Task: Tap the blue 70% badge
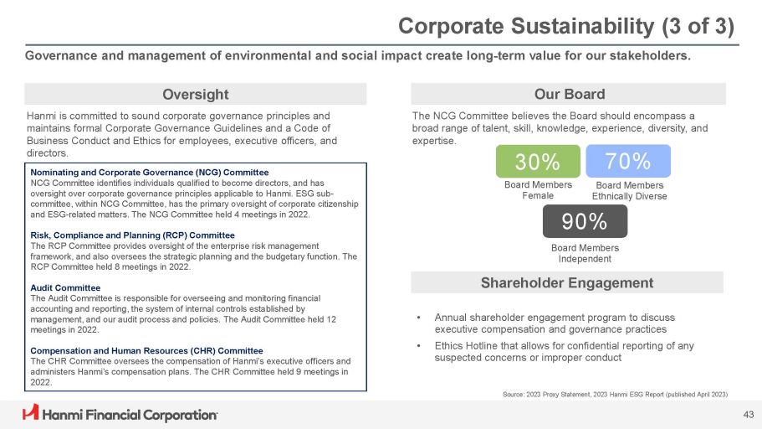pyautogui.click(x=628, y=161)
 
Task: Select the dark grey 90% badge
pyautogui.click(x=585, y=221)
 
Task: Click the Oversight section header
pyautogui.click(x=194, y=94)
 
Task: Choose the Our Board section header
pyautogui.click(x=569, y=94)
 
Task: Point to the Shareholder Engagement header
pyautogui.click(x=567, y=283)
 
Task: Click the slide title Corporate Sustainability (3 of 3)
pyautogui.click(x=566, y=26)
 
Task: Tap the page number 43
pyautogui.click(x=748, y=414)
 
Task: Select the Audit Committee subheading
pyautogui.click(x=66, y=287)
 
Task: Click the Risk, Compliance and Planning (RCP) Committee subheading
pyautogui.click(x=132, y=235)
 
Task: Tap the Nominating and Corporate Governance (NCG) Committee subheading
pyautogui.click(x=137, y=172)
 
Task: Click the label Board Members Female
pyautogui.click(x=538, y=190)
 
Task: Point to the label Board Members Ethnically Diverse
pyautogui.click(x=629, y=190)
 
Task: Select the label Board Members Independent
pyautogui.click(x=585, y=253)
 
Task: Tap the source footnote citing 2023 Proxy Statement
pyautogui.click(x=613, y=394)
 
